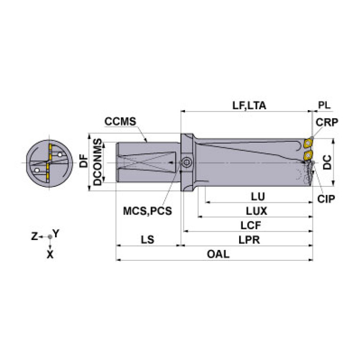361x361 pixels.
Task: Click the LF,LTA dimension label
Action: click(249, 105)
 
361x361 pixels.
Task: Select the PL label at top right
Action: click(324, 105)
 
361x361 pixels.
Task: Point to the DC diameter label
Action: click(328, 162)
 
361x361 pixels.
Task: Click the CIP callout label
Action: click(326, 199)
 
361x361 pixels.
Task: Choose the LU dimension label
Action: click(257, 196)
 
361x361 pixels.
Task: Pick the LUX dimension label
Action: click(257, 211)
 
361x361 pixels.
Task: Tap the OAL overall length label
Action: click(218, 254)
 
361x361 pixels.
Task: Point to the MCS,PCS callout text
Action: click(147, 211)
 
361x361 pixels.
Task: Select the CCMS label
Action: click(120, 121)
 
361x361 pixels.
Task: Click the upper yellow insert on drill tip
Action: click(310, 143)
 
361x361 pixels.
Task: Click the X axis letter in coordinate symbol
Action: click(50, 254)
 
